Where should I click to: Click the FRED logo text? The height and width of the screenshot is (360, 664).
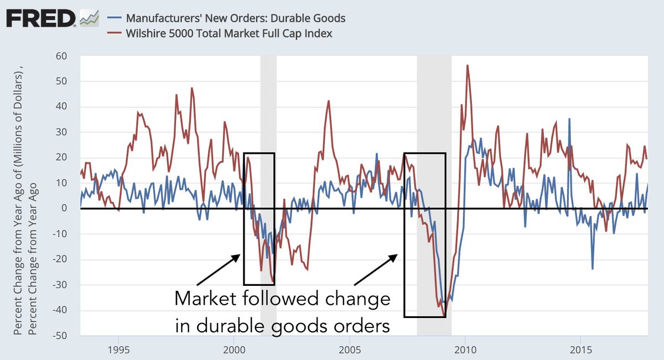coord(40,19)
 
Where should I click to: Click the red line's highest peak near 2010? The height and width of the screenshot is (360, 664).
coord(468,65)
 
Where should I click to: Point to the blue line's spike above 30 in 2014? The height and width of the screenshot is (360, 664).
coord(568,119)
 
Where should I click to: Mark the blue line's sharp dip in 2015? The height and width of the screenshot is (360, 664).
coord(593,269)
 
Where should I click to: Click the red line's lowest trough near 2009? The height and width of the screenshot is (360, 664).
coord(444,316)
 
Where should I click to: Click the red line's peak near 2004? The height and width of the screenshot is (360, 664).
coord(329,101)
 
